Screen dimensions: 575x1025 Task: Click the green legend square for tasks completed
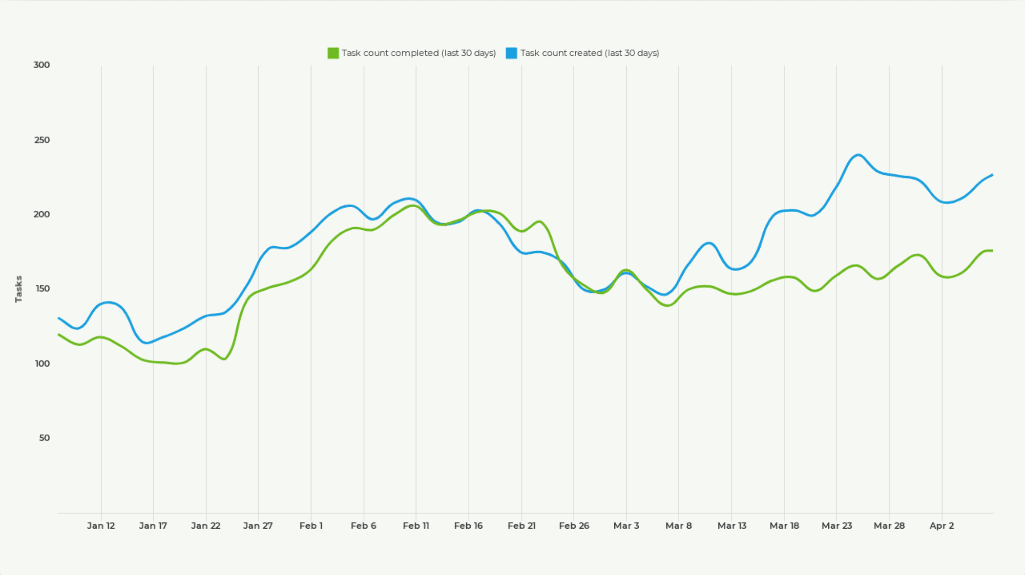pos(333,53)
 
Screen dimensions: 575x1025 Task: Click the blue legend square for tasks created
pos(512,53)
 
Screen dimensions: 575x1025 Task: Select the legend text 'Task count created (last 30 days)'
pos(589,53)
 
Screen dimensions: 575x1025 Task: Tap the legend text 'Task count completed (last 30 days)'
pos(418,53)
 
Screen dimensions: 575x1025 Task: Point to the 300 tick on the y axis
pos(42,65)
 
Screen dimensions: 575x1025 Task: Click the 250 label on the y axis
pos(42,140)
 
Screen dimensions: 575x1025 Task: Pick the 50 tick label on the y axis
pos(44,438)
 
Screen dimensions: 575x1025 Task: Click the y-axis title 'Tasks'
pos(19,289)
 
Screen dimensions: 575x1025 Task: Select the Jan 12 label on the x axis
pos(101,525)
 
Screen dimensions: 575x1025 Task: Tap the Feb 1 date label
pos(311,525)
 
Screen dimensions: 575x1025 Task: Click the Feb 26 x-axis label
pos(574,525)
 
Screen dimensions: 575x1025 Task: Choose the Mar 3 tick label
pos(626,525)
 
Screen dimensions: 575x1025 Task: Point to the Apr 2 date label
pos(941,525)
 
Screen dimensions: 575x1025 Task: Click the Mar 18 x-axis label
pos(784,525)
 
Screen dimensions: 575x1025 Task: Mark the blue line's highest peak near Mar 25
pos(858,155)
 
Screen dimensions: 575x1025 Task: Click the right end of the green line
pos(992,251)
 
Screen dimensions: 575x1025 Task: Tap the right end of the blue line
pos(992,175)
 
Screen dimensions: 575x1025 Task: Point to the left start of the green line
pos(59,335)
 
